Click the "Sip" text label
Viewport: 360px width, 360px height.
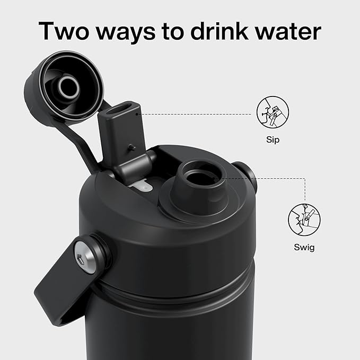pyautogui.click(x=273, y=141)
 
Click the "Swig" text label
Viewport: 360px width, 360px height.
pyautogui.click(x=305, y=248)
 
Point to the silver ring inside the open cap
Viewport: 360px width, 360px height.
pyautogui.click(x=69, y=88)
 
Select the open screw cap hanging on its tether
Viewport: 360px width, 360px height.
pyautogui.click(x=63, y=87)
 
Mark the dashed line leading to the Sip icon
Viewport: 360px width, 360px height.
pyautogui.click(x=196, y=113)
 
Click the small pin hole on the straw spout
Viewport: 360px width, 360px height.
pyautogui.click(x=131, y=147)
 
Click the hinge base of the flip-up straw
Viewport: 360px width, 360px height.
pyautogui.click(x=133, y=170)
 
